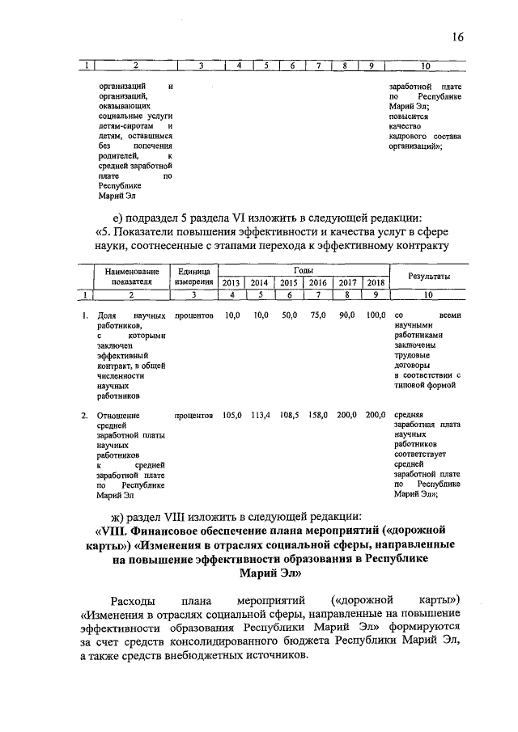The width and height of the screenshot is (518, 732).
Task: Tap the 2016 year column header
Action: (317, 282)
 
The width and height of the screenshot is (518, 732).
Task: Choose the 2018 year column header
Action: (375, 282)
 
